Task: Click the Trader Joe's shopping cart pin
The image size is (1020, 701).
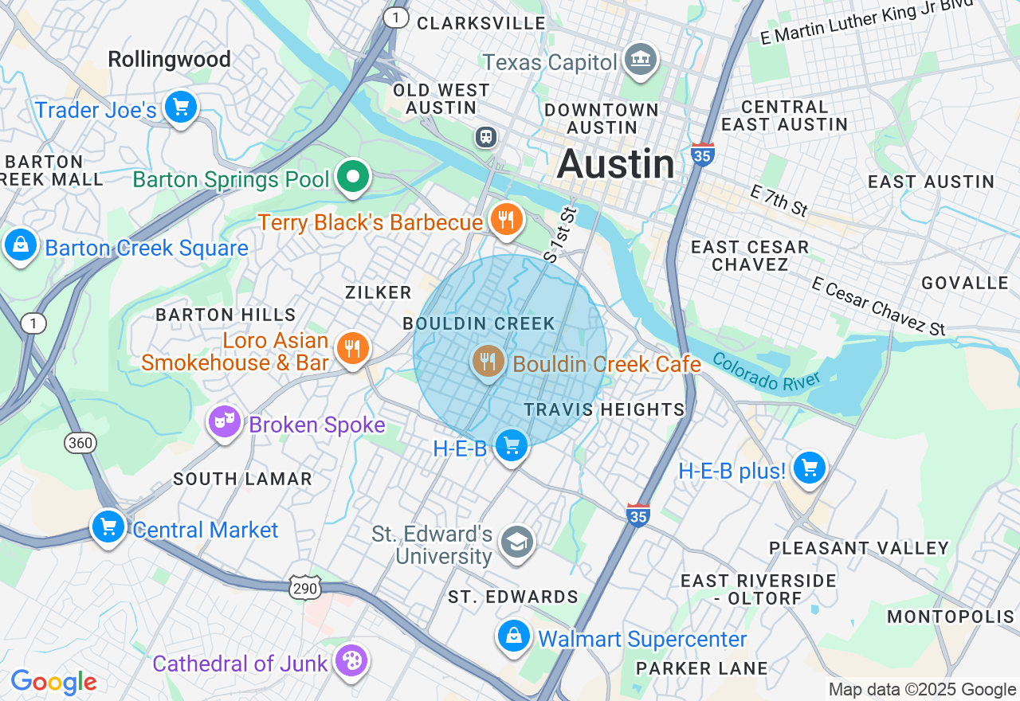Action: pos(181,107)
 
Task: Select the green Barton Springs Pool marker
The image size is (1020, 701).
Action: pos(352,176)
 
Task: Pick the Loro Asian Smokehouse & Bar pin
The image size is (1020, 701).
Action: pos(351,348)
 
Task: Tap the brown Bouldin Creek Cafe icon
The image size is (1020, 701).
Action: pos(488,362)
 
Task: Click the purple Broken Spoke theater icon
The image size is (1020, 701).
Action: pos(225,421)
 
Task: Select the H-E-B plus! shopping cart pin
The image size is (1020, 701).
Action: pos(809,468)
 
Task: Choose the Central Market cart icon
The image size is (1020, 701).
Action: pos(108,527)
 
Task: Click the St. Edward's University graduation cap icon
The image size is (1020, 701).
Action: pos(517,542)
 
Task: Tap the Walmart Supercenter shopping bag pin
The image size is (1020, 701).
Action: pos(514,636)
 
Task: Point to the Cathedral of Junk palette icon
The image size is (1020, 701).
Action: pos(351,660)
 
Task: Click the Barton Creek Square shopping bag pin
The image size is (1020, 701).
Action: pos(20,245)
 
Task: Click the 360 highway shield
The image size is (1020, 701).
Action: pos(81,442)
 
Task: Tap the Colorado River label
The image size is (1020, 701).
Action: pos(766,372)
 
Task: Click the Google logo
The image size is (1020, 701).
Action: pos(53,682)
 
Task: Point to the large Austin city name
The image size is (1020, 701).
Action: pos(615,164)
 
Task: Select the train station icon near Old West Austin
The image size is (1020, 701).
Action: pos(485,137)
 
